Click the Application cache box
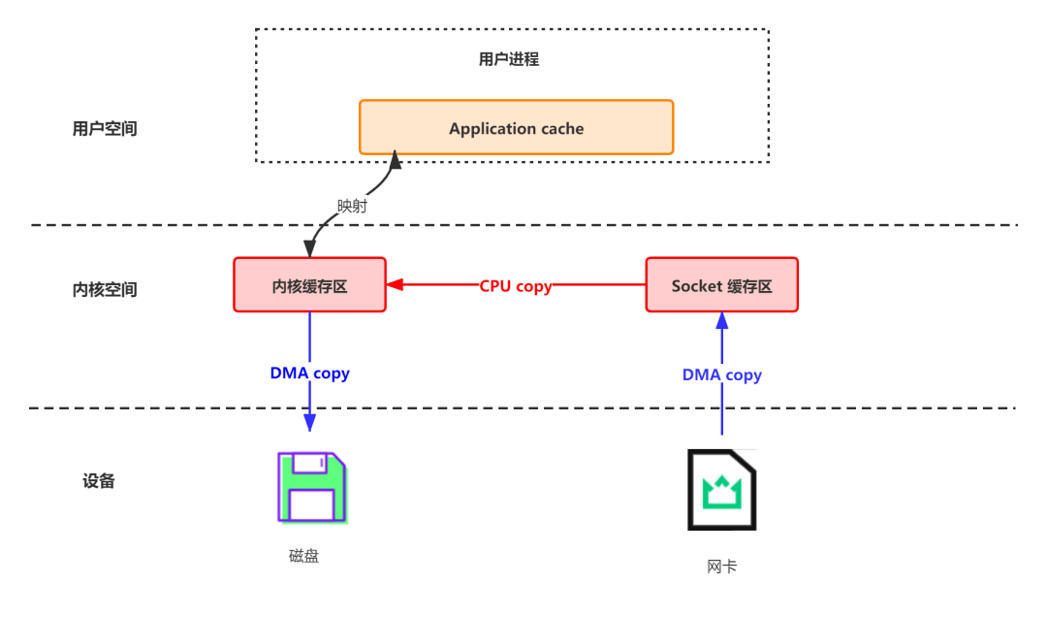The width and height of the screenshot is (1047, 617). pos(516,127)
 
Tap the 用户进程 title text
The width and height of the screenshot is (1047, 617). pos(508,59)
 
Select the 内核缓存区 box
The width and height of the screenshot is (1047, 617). pos(309,285)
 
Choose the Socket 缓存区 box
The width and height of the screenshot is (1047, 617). pos(721,285)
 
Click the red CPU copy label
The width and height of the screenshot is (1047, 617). pos(516,286)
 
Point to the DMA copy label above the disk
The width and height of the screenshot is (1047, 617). pos(309,372)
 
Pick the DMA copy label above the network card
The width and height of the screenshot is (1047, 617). pos(722,374)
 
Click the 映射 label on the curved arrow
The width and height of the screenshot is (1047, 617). pos(352,206)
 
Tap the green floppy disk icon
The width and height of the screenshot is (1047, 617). pos(312,488)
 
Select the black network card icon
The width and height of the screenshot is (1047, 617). pos(721,489)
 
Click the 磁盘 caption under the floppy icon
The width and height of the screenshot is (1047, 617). pos(303,556)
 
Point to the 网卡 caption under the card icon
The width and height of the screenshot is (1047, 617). pos(721,566)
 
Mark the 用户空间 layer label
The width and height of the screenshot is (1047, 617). pos(105,128)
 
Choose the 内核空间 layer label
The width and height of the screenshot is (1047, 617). pos(105,289)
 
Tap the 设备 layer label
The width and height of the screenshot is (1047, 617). pos(99,480)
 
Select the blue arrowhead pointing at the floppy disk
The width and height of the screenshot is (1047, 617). pos(309,421)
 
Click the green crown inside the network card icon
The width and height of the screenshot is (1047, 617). pos(721,491)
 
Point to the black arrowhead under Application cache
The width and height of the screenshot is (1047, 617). pos(395,160)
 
